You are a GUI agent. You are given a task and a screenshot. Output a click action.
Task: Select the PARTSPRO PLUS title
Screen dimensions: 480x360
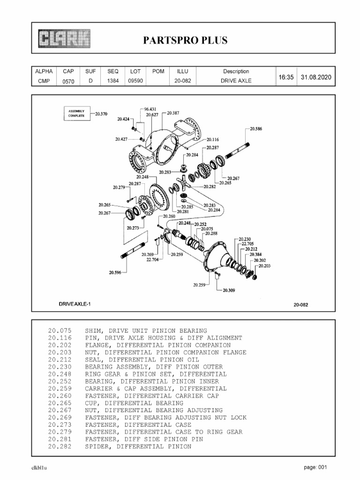coord(185,40)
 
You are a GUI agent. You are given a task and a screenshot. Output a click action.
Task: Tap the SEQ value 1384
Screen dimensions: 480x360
coord(113,81)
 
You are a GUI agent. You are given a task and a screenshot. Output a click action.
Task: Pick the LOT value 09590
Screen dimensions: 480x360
coord(135,81)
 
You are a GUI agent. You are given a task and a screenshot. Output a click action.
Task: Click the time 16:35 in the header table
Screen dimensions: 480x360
coord(286,76)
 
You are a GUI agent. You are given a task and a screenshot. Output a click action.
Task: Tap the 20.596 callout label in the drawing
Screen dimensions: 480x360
coord(115,272)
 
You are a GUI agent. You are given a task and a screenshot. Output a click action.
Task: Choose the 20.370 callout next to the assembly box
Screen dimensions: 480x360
coord(101,114)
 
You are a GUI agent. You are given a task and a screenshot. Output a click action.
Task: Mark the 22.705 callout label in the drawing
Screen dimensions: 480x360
coord(247,244)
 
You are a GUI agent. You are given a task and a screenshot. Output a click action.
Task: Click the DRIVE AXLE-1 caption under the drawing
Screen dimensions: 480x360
coord(75,304)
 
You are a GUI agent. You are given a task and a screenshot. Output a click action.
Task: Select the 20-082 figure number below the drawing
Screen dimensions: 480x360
coord(300,305)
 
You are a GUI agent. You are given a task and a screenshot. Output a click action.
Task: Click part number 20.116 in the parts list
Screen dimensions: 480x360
coord(59,337)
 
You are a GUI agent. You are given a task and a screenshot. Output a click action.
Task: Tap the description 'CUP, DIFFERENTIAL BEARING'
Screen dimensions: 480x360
coord(134,403)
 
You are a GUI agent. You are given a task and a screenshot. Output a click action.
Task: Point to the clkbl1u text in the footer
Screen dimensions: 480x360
coord(39,468)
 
